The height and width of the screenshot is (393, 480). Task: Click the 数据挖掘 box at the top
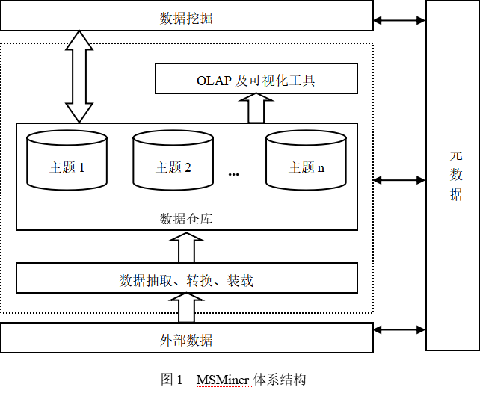point(186,16)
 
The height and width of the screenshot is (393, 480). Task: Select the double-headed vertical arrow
point(79,75)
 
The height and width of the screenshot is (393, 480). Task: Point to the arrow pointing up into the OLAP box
point(256,109)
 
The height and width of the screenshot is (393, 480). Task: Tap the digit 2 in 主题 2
point(188,168)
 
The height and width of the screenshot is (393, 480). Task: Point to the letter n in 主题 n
point(321,168)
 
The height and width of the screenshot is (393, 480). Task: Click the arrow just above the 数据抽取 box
point(186,247)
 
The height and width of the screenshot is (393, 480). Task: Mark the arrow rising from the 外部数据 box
point(186,307)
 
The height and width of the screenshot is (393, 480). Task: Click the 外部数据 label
point(186,341)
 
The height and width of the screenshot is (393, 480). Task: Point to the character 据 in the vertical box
point(456,194)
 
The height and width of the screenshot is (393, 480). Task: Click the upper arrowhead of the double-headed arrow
point(79,40)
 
